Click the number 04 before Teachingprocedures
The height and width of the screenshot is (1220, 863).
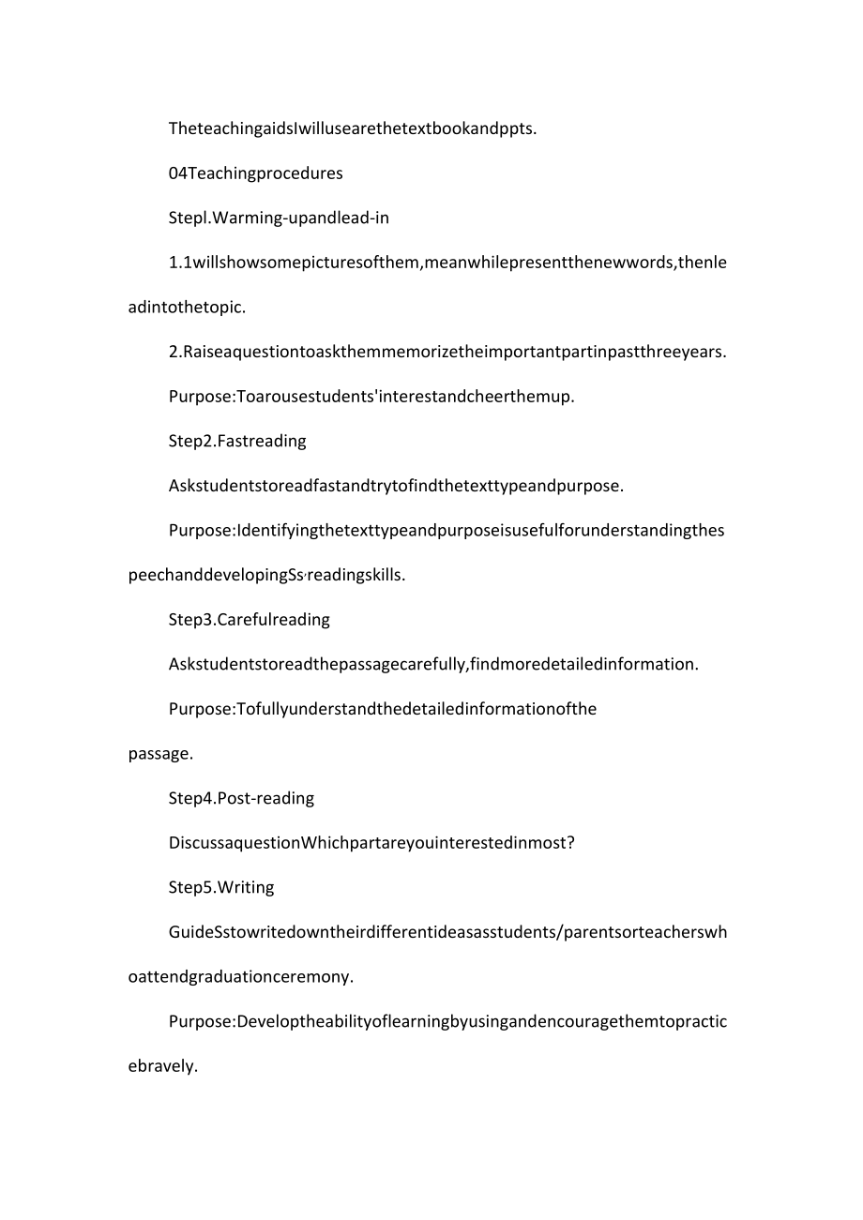178,173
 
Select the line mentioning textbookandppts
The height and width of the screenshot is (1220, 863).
353,128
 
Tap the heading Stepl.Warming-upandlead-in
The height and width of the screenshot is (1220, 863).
279,218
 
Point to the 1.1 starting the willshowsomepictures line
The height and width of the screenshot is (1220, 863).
180,263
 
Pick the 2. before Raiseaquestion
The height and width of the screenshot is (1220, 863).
175,352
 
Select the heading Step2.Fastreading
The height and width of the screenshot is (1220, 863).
237,441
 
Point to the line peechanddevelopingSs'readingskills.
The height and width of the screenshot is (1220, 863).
266,576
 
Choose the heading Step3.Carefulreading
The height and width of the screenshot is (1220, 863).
249,620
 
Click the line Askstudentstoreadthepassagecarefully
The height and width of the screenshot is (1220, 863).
433,665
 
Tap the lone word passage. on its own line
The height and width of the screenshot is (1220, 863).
160,753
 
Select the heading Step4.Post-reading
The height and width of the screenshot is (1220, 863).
241,798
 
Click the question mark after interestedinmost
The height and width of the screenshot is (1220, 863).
570,843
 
